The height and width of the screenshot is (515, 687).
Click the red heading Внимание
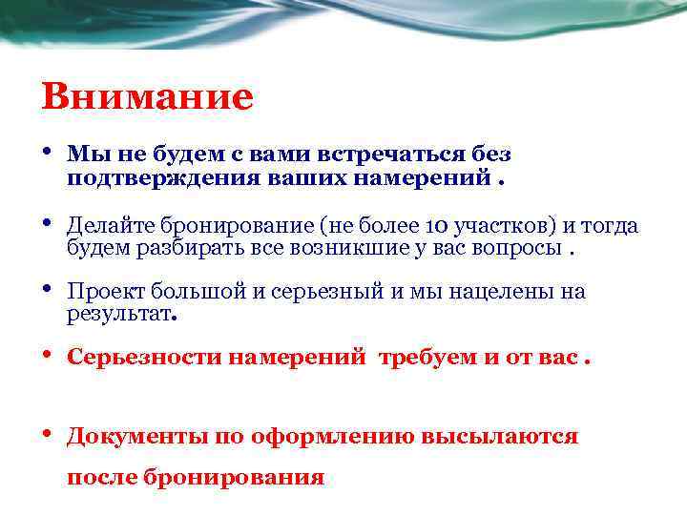point(148,96)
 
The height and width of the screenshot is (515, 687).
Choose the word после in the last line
point(101,477)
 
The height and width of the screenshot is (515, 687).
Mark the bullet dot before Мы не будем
point(47,154)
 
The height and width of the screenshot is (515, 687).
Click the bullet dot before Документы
point(47,435)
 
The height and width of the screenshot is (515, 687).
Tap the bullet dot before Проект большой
point(47,291)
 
